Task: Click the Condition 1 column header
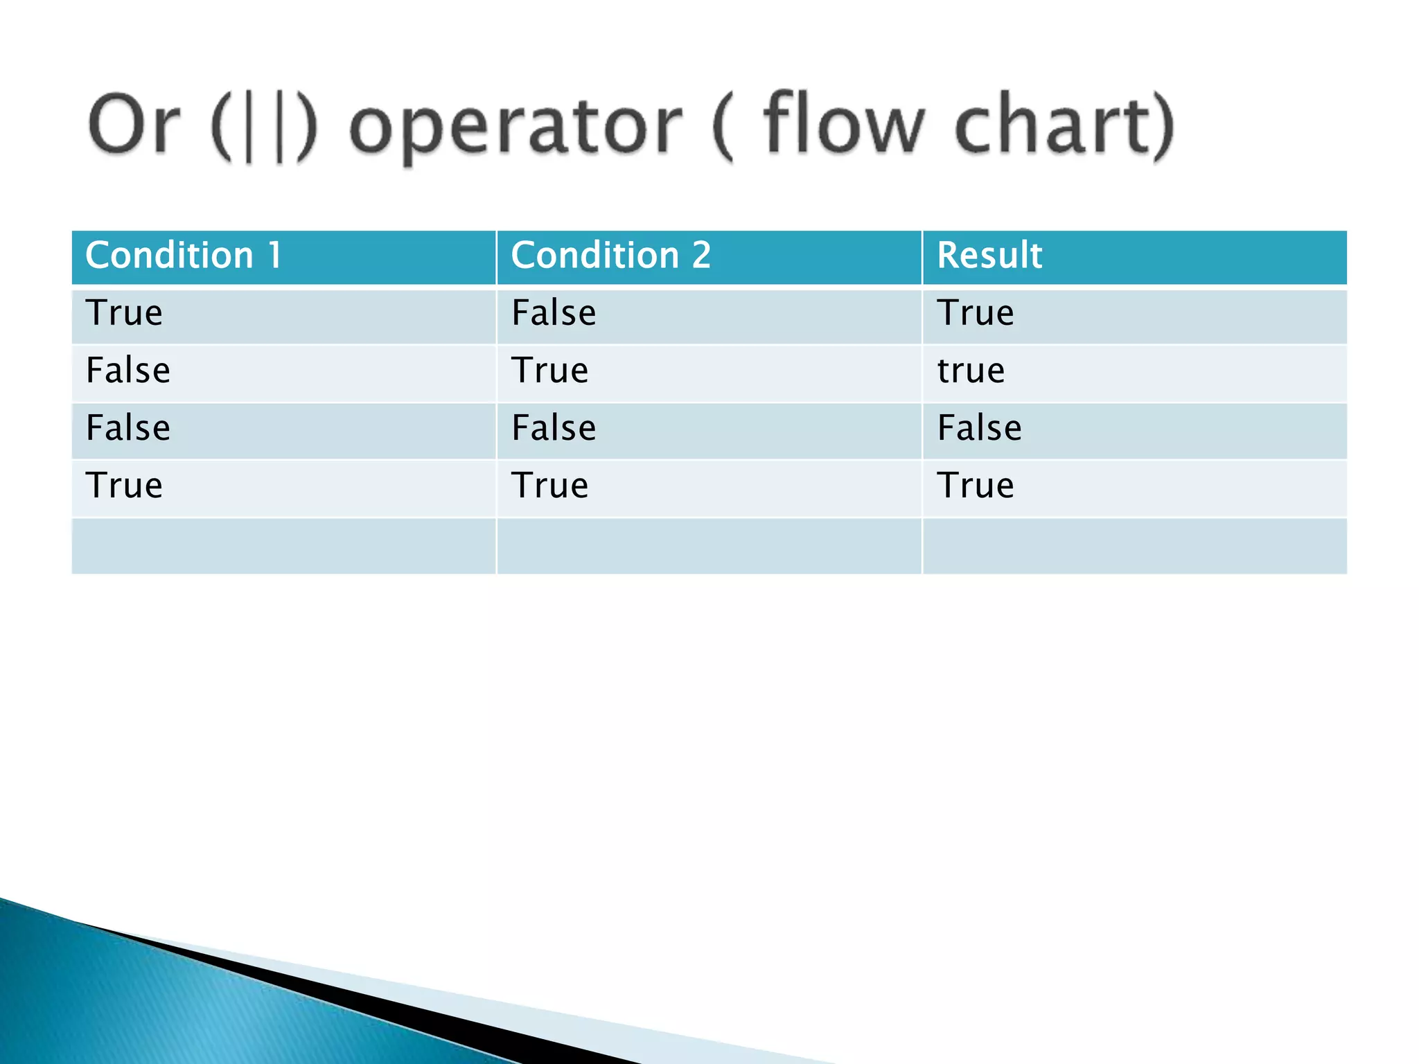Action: pos(184,255)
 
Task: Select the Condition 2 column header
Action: pos(610,255)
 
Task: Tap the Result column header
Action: pos(989,255)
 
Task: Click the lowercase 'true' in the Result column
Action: pos(970,371)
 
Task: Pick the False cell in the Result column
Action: pos(979,428)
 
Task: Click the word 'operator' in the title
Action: pos(516,127)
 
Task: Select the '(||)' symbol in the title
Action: pos(264,127)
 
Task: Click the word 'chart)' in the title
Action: pos(1064,125)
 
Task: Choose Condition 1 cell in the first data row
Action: pos(124,313)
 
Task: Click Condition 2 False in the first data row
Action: pos(553,313)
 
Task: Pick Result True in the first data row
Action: pos(975,313)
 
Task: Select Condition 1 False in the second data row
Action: pos(128,371)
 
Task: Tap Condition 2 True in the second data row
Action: pos(549,371)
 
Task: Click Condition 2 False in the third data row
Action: pos(553,428)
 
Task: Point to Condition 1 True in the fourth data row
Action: pos(124,486)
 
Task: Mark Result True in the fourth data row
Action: pos(975,486)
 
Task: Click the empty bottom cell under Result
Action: pos(1134,546)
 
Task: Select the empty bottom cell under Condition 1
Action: pos(283,546)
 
